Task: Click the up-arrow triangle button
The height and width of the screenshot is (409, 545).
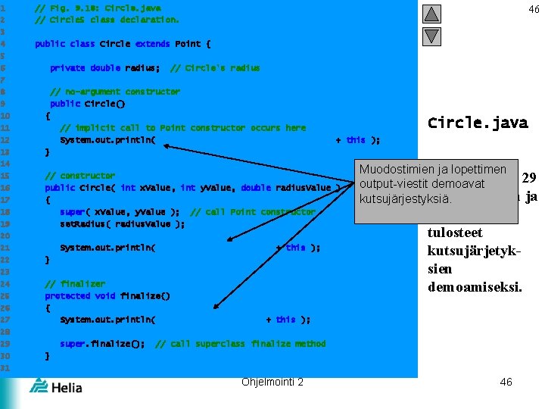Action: [x=431, y=14]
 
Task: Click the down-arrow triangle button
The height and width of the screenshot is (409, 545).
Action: [x=431, y=36]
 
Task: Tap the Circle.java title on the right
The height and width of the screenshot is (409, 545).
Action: [x=478, y=123]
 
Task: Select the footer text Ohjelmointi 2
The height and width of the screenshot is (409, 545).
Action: [x=272, y=382]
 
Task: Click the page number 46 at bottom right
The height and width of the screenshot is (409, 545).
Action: [x=506, y=382]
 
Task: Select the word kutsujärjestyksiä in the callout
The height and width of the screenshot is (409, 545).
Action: [x=406, y=199]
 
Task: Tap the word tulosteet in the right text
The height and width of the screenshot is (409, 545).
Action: [x=455, y=233]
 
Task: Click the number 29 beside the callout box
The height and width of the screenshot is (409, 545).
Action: [x=529, y=178]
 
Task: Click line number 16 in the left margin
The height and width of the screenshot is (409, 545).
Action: [x=5, y=187]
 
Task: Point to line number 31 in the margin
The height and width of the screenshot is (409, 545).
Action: [x=5, y=367]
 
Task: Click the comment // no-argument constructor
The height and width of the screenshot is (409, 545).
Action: [x=114, y=92]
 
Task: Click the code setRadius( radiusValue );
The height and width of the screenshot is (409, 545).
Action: [x=122, y=223]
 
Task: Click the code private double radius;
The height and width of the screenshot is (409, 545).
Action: [x=104, y=68]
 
